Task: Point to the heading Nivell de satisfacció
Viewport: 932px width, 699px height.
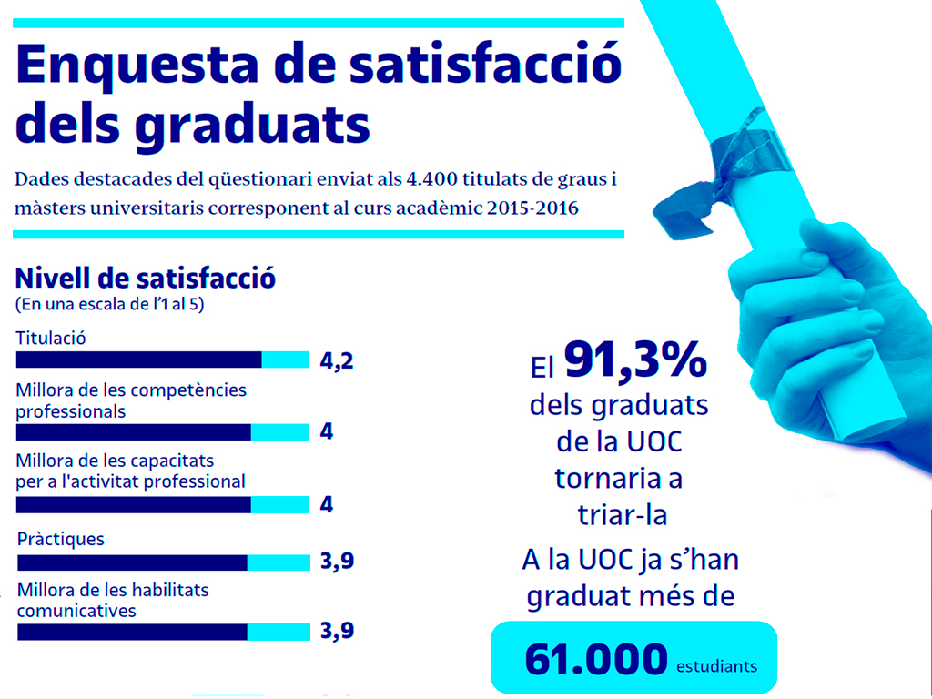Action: click(x=147, y=278)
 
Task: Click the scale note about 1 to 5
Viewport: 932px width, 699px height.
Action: click(x=109, y=304)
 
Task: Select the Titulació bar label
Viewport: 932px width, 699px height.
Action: click(x=51, y=338)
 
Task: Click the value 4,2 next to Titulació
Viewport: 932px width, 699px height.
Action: click(x=336, y=361)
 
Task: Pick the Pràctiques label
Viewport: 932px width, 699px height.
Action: click(x=61, y=539)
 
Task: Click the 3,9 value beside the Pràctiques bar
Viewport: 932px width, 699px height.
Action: click(x=337, y=562)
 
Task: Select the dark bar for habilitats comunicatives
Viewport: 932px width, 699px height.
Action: click(x=132, y=632)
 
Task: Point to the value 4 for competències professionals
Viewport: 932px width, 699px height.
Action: click(x=327, y=431)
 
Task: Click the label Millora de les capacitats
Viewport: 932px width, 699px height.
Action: click(x=116, y=461)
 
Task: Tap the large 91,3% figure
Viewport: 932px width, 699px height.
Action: click(x=635, y=360)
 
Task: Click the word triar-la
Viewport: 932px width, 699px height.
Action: click(x=622, y=514)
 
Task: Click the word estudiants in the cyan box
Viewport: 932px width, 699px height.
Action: click(x=716, y=666)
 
